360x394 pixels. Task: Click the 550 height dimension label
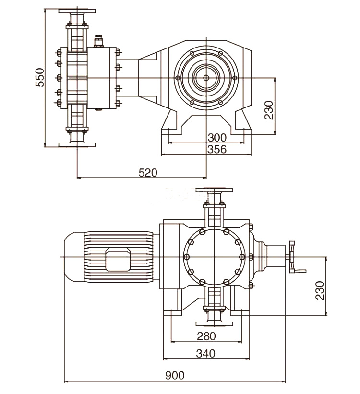(x=40, y=77)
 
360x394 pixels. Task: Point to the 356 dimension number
(x=216, y=150)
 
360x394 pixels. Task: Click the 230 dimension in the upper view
(x=269, y=110)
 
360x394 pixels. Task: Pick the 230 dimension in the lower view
(x=320, y=290)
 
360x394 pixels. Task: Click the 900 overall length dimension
(x=175, y=376)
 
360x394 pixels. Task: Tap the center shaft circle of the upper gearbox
(x=206, y=77)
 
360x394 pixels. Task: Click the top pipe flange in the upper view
(x=77, y=11)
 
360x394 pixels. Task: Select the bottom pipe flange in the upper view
(x=77, y=144)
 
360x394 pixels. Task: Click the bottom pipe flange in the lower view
(x=214, y=322)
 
